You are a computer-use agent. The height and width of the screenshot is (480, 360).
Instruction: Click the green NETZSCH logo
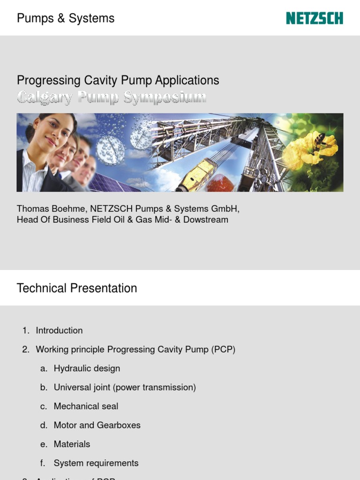315,18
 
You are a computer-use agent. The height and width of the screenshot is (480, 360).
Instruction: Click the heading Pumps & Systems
66,18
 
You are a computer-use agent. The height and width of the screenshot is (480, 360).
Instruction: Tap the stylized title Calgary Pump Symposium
112,97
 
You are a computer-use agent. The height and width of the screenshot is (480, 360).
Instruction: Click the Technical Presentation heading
77,288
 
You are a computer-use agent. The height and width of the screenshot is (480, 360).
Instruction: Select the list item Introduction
59,330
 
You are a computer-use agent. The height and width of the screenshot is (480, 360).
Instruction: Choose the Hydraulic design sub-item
87,368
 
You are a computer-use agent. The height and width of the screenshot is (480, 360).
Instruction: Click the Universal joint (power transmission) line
125,387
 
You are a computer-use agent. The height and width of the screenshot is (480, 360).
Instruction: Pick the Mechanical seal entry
86,406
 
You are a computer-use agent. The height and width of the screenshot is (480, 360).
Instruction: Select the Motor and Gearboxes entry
97,425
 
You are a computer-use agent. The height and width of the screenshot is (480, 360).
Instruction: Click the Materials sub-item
72,444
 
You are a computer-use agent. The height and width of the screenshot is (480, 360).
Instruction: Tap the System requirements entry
96,463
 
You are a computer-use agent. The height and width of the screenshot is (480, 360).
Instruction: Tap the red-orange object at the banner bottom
220,183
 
